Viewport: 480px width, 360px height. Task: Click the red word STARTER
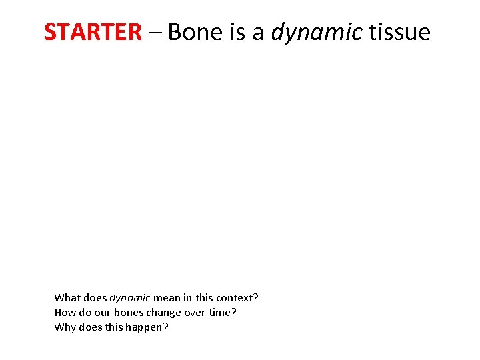tap(93, 31)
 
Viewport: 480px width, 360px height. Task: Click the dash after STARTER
tap(155, 31)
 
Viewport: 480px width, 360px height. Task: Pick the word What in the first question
tap(67, 297)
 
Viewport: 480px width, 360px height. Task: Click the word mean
tap(165, 297)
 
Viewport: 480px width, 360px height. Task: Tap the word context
tap(236, 297)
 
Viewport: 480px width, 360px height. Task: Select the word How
tap(65, 312)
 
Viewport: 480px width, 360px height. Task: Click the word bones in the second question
tap(129, 312)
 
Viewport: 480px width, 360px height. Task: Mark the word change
tap(164, 313)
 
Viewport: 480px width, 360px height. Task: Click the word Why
tap(65, 327)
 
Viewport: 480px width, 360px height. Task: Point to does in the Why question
tap(91, 327)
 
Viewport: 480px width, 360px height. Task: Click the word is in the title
tap(238, 31)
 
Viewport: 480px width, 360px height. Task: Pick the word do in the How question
tap(85, 312)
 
